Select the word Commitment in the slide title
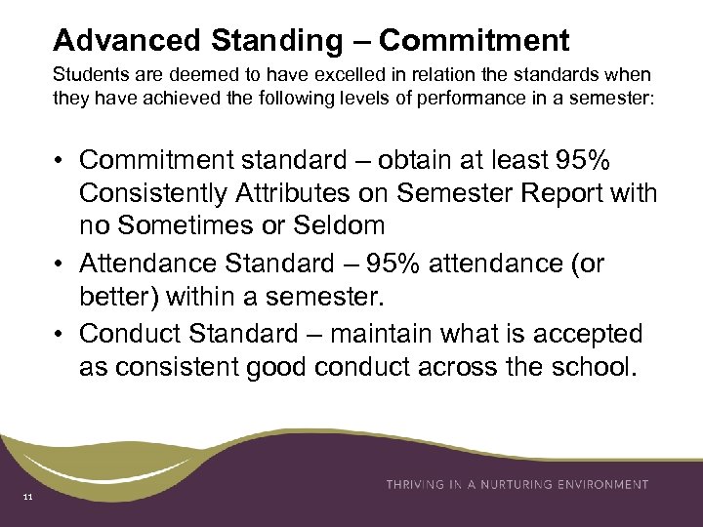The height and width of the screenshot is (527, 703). tap(474, 40)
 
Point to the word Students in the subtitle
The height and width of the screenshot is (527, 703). tap(84, 74)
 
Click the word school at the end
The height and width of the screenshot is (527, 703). tap(585, 369)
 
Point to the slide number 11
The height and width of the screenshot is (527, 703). tap(27, 500)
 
